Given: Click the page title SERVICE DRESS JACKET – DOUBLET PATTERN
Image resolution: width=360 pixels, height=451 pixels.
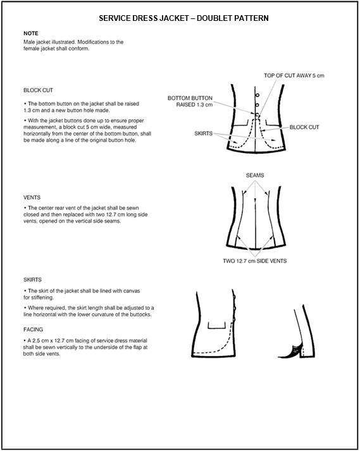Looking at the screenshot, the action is pos(183,18).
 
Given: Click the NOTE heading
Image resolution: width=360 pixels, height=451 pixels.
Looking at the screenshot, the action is pos(31,34).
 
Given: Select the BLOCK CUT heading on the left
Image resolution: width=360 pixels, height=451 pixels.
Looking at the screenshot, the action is pos(38,90).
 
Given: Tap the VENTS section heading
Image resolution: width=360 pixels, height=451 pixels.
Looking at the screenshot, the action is pos(32,197).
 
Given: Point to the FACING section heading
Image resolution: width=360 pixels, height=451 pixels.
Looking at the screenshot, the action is pos(33,330).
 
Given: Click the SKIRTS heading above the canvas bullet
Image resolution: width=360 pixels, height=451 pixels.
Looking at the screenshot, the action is pos(32,280).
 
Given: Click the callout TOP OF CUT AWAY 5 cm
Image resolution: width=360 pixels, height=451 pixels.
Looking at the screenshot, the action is pos(294,76).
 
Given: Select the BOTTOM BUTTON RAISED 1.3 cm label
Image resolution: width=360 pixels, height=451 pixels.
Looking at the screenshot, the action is pos(190,101).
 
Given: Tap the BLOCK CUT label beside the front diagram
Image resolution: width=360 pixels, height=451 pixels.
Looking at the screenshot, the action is pos(304,127).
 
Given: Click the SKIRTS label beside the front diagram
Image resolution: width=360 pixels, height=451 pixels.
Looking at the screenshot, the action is pos(204,133).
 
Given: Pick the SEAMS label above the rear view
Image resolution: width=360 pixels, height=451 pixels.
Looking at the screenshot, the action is pos(255,175).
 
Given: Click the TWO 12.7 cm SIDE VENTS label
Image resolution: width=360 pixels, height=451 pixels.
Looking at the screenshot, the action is pos(255,261).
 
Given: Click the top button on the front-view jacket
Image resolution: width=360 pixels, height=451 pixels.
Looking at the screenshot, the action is pos(258,96).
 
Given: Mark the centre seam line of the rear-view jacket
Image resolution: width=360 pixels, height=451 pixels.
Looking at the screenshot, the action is pos(255,222).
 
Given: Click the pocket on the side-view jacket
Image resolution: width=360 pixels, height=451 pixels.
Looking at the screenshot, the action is pos(216,325).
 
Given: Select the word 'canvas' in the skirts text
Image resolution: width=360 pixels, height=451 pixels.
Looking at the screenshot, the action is pos(132,291).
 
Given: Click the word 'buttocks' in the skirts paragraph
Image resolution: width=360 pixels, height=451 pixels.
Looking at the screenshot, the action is pos(140,314).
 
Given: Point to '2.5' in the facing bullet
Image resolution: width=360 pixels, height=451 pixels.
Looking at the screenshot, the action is pos(36,340).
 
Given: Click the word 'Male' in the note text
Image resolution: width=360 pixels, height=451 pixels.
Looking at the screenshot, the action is pos(28,42).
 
